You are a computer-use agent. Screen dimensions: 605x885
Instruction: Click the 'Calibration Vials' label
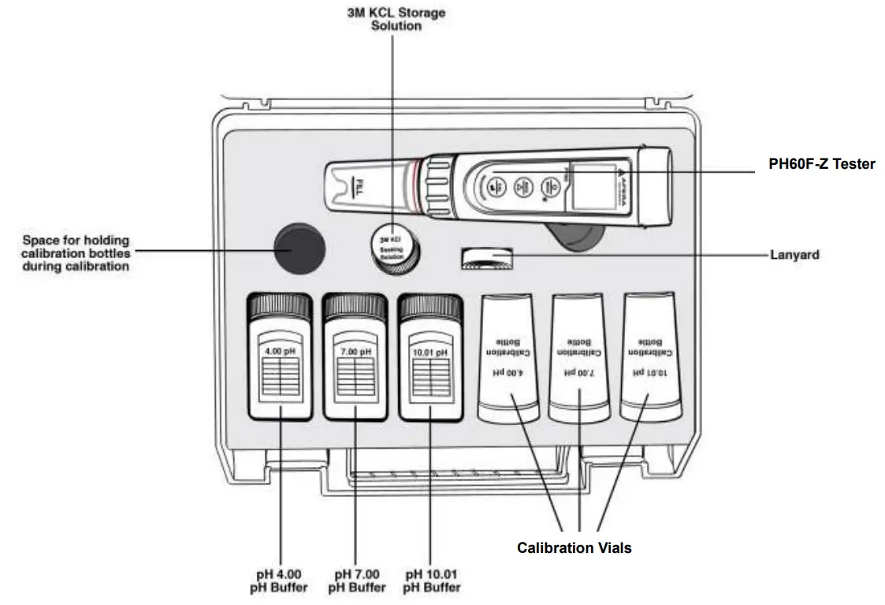click(574, 547)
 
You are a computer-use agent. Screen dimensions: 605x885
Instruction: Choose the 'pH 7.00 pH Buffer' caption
click(356, 580)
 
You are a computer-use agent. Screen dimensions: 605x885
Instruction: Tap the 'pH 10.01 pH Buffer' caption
click(431, 580)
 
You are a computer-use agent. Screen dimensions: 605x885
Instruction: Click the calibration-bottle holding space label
click(76, 253)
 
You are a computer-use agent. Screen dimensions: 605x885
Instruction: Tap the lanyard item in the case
click(489, 259)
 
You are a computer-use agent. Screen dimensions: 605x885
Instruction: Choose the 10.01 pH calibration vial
click(651, 357)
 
